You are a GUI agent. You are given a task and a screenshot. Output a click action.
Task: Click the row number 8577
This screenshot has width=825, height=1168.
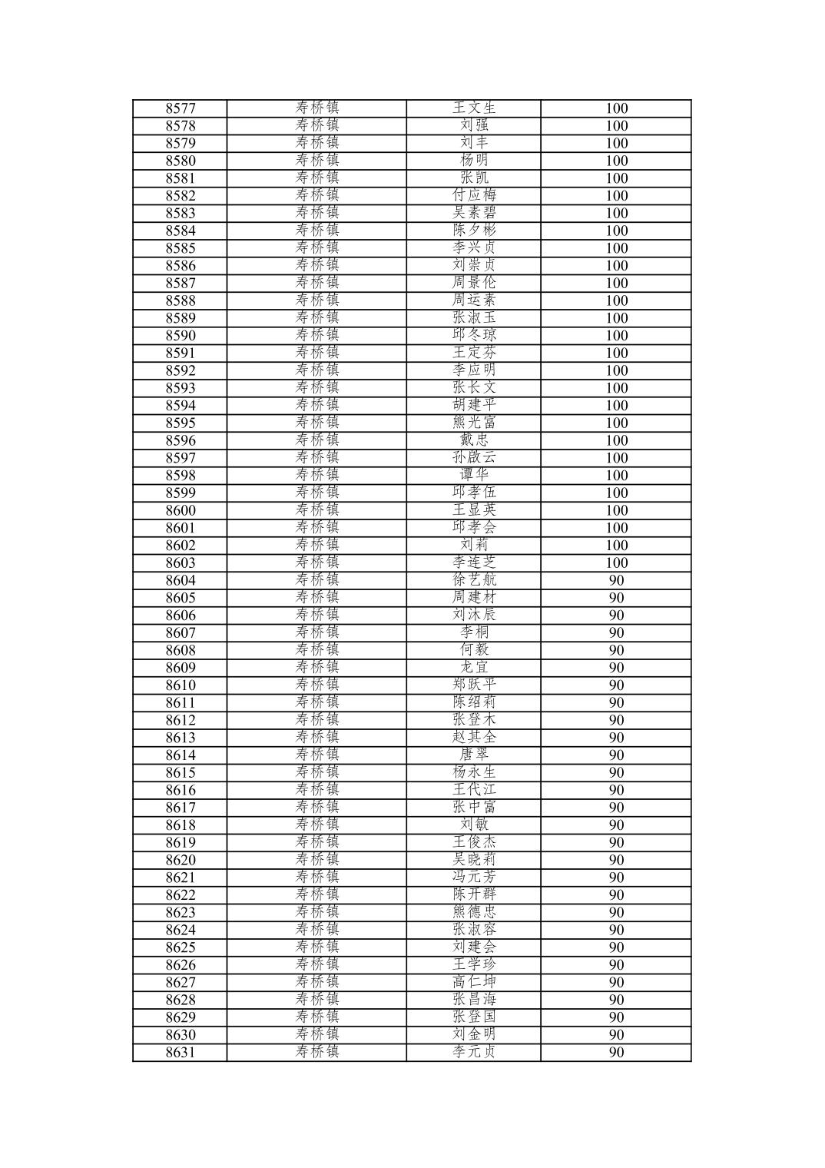pyautogui.click(x=181, y=108)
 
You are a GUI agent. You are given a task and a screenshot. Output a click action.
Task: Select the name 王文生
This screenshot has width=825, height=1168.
pyautogui.click(x=474, y=108)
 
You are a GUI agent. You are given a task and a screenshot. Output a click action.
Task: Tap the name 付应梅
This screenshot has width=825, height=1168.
pyautogui.click(x=474, y=195)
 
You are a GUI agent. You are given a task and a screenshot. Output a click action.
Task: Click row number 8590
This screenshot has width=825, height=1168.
pyautogui.click(x=181, y=336)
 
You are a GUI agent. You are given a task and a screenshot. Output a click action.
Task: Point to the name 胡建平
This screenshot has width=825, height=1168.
pyautogui.click(x=474, y=405)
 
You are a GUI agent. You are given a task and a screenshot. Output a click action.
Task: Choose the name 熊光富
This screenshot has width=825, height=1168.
pyautogui.click(x=474, y=423)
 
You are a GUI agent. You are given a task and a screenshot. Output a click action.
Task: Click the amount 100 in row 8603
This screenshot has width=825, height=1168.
pyautogui.click(x=616, y=562)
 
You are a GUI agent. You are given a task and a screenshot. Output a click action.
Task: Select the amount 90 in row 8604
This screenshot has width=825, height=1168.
pyautogui.click(x=616, y=580)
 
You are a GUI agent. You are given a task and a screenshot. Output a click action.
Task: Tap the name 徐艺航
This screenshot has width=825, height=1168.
pyautogui.click(x=474, y=580)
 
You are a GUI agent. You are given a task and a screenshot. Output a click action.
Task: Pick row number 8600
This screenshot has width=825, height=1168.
pyautogui.click(x=181, y=510)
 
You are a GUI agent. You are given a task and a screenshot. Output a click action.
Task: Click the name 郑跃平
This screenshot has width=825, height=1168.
pyautogui.click(x=474, y=685)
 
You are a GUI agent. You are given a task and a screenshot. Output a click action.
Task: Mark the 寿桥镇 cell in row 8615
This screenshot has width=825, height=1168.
pyautogui.click(x=316, y=772)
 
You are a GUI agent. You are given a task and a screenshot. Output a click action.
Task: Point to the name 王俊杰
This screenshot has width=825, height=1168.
pyautogui.click(x=474, y=842)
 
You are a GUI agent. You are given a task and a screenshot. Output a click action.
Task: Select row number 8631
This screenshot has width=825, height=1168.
pyautogui.click(x=181, y=1052)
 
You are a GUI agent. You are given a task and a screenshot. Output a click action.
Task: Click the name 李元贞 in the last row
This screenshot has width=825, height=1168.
pyautogui.click(x=474, y=1052)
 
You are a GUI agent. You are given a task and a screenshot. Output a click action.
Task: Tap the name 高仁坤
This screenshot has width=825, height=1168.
pyautogui.click(x=474, y=982)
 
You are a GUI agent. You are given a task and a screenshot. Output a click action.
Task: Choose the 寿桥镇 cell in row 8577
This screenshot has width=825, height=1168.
pyautogui.click(x=316, y=108)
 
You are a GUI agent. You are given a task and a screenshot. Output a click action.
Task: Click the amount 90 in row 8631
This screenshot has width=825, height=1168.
pyautogui.click(x=616, y=1052)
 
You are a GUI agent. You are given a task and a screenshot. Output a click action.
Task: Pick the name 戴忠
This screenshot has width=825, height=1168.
pyautogui.click(x=474, y=440)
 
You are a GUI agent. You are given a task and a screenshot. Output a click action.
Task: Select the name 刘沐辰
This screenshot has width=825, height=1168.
pyautogui.click(x=474, y=615)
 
